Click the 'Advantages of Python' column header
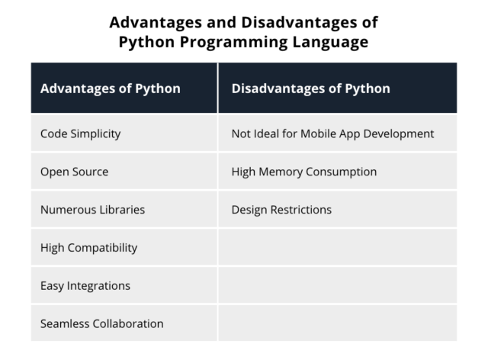[x=110, y=88]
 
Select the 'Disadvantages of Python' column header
[x=310, y=88]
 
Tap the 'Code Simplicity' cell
[x=80, y=133]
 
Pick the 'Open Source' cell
[x=74, y=172]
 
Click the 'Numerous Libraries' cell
[x=92, y=209]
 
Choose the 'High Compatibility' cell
[x=88, y=247]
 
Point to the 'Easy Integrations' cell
[x=85, y=285]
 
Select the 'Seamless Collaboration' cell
[x=101, y=323]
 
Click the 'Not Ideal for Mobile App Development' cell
[x=332, y=133]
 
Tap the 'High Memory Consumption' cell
[x=303, y=172]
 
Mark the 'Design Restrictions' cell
[x=281, y=209]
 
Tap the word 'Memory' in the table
[x=283, y=172]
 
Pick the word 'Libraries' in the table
[x=120, y=209]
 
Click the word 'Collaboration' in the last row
[x=128, y=323]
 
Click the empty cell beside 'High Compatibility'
[x=337, y=247]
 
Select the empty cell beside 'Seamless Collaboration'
[x=337, y=323]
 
